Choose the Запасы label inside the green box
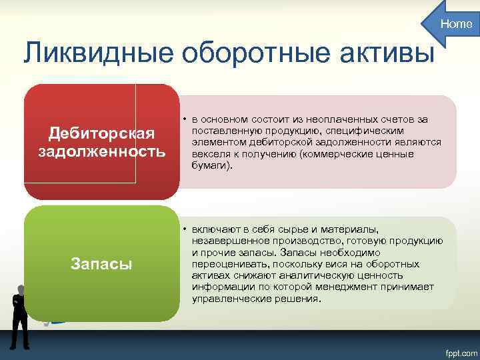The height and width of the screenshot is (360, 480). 101,264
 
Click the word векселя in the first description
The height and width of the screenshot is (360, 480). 211,154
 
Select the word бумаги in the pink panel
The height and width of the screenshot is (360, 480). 210,165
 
